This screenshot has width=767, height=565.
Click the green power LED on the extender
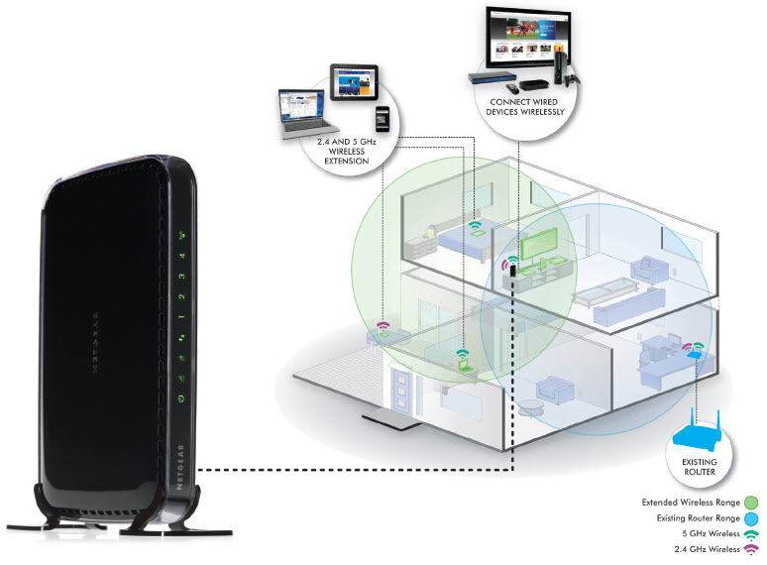tap(180, 398)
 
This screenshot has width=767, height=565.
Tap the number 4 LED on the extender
tap(182, 255)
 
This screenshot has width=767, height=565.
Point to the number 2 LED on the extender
tap(182, 296)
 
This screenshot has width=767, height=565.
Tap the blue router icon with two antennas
tap(707, 433)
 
